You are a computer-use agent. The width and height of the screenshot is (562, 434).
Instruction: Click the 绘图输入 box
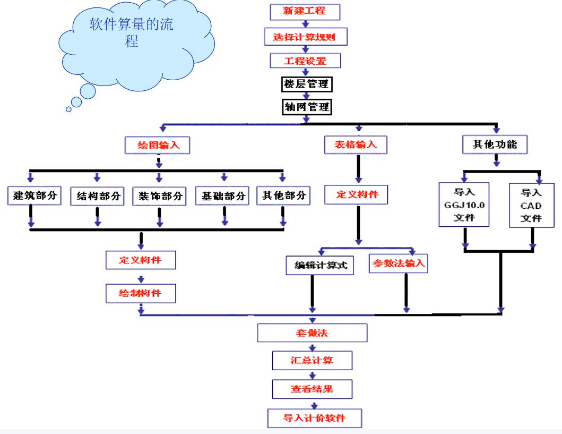pyautogui.click(x=158, y=144)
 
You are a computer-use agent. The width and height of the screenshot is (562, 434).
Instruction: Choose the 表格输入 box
pyautogui.click(x=357, y=144)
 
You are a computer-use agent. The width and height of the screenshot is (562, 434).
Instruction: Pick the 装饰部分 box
pyautogui.click(x=158, y=196)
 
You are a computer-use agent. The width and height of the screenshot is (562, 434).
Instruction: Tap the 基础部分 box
pyautogui.click(x=223, y=196)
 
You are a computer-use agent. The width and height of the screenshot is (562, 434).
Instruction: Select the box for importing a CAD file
pyautogui.click(x=532, y=205)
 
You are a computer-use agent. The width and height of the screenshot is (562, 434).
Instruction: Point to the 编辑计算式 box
pyautogui.click(x=316, y=265)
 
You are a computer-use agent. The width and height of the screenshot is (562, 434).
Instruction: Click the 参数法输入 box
pyautogui.click(x=397, y=263)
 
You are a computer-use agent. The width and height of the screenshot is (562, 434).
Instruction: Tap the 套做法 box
pyautogui.click(x=312, y=332)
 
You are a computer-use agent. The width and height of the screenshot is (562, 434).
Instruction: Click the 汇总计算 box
pyautogui.click(x=312, y=361)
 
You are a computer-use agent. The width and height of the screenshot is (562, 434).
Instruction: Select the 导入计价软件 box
pyautogui.click(x=314, y=417)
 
